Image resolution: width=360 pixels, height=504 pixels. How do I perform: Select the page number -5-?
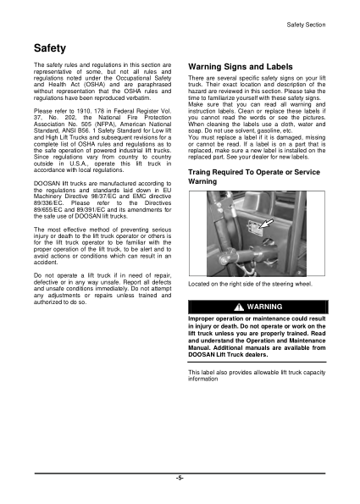[180, 479]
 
